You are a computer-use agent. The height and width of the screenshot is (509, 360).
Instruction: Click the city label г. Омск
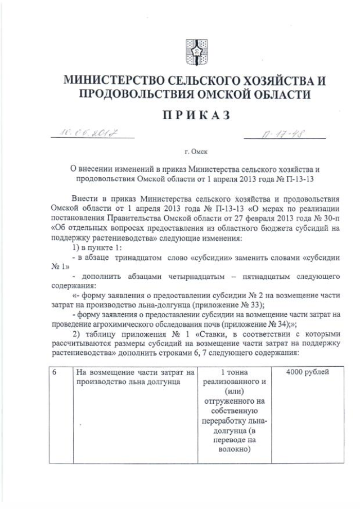click(x=195, y=152)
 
